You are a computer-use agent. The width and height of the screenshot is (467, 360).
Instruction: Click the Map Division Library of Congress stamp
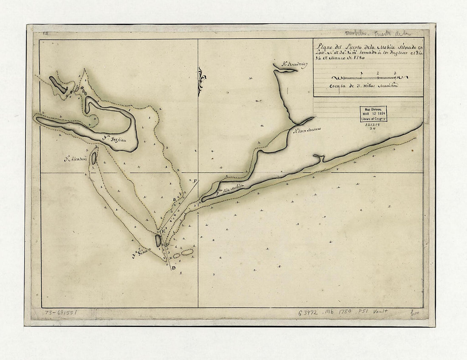(374, 114)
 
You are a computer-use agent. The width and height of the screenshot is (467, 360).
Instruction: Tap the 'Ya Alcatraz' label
(76, 160)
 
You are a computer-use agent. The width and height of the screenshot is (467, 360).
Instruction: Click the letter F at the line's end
(195, 181)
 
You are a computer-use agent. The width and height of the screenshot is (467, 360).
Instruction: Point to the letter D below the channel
(174, 273)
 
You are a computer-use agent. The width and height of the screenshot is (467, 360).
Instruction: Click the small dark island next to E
(158, 240)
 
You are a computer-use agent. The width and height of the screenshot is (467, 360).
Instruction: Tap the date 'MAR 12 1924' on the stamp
(374, 114)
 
